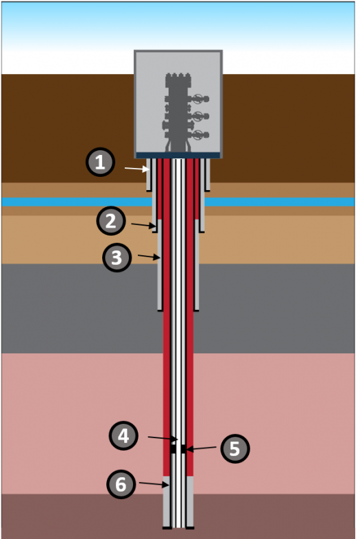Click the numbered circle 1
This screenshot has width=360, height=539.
[100, 162]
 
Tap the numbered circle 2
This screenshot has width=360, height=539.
[110, 221]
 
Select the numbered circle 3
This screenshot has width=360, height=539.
[117, 257]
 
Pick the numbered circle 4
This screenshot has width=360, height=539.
[123, 435]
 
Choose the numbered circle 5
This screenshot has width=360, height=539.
[235, 448]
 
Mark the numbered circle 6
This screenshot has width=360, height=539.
[121, 484]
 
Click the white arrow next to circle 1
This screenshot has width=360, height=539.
[137, 169]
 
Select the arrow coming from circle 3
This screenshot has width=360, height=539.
[149, 256]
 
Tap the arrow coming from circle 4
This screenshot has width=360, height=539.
[163, 438]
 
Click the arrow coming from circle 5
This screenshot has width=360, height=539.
[202, 448]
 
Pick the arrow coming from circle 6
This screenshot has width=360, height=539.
[154, 484]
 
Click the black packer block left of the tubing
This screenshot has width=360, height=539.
[173, 448]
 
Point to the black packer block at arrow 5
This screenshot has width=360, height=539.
[184, 448]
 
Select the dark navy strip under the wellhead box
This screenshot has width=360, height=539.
[178, 156]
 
